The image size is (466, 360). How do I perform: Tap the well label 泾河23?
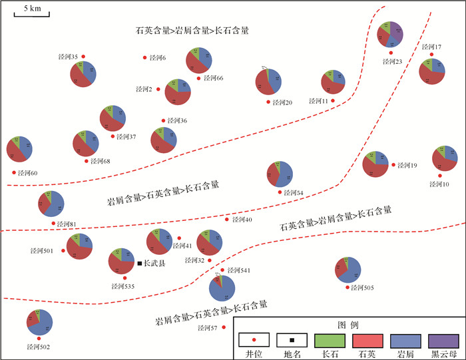click(x=393, y=61)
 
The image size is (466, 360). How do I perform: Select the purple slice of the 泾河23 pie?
click(x=397, y=30)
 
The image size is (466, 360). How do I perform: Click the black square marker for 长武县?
click(x=140, y=264)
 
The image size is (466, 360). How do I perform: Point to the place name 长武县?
click(x=155, y=264)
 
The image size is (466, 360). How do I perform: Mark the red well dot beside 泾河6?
click(x=144, y=58)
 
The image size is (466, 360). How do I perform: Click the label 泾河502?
click(x=39, y=347)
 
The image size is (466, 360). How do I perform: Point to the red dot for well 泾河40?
click(x=227, y=219)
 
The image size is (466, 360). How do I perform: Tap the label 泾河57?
click(x=207, y=328)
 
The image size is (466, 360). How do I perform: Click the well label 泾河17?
click(x=432, y=47)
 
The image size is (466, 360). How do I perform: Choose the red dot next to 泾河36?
click(x=164, y=120)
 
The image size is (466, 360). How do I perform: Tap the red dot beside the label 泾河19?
click(x=393, y=165)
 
